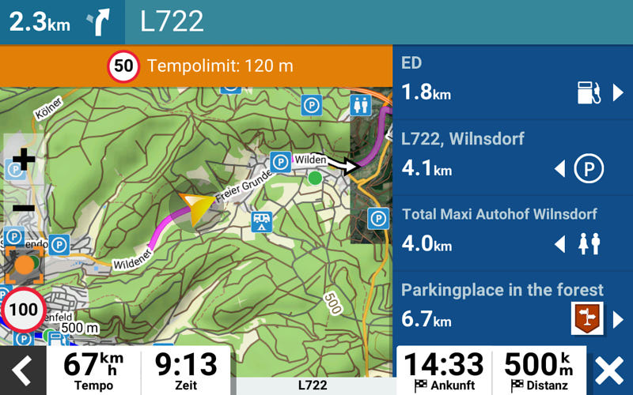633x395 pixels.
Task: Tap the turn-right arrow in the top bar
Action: coord(100,21)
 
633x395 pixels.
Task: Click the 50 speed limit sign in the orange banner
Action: coord(123,66)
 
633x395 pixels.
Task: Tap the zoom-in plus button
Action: coord(24,160)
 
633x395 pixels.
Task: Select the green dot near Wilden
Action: coord(315,178)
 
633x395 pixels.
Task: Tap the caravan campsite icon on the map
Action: coord(261,222)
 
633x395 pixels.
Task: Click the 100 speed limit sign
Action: coord(24,309)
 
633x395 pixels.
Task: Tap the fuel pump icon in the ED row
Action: coord(589,92)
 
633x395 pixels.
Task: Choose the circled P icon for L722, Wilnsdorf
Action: coord(588,169)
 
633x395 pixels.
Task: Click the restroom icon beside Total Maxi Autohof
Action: coord(589,244)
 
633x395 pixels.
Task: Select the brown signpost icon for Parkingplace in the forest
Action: coord(587,319)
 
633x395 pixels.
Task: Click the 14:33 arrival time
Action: coord(443,365)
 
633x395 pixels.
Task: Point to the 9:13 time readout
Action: coord(185,365)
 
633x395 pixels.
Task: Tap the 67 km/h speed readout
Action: coord(93,365)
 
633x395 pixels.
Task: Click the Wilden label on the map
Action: coord(310,160)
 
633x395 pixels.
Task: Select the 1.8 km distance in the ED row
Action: coord(426,92)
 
